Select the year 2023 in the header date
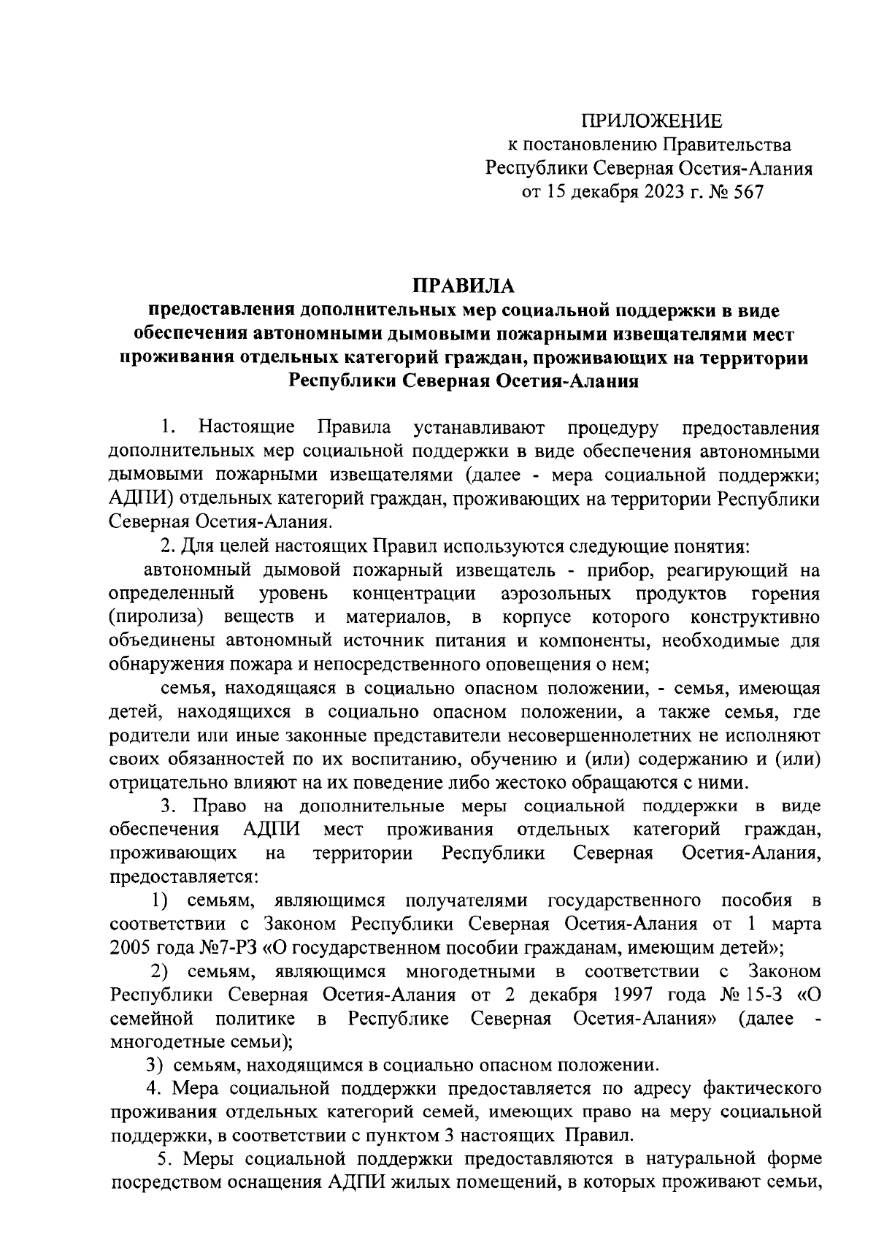tap(669, 193)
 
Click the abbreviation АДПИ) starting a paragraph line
tap(142, 500)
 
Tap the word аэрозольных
tap(556, 594)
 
